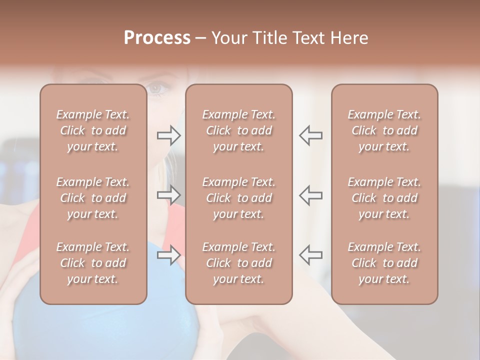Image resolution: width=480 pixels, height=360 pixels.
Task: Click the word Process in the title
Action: [157, 38]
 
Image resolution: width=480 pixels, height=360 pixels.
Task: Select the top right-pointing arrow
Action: [169, 135]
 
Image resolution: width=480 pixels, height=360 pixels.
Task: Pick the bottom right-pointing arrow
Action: [169, 255]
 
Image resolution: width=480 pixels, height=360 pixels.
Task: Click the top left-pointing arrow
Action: [310, 135]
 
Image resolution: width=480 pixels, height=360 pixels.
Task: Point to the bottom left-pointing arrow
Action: [310, 255]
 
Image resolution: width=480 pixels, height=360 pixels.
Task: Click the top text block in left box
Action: [93, 130]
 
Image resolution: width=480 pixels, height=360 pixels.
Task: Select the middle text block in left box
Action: [93, 198]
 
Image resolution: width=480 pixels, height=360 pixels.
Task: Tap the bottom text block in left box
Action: [93, 263]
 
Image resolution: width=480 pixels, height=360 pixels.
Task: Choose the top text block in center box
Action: [238, 130]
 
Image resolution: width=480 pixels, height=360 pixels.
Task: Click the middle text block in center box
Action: [238, 198]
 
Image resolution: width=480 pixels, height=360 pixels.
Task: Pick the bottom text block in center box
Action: [238, 263]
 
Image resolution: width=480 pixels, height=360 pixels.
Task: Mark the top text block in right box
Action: [384, 130]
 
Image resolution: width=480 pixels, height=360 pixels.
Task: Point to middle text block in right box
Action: [384, 198]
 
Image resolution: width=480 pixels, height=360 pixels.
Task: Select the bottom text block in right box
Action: [384, 263]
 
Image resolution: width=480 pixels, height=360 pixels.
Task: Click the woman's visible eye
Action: [156, 89]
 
